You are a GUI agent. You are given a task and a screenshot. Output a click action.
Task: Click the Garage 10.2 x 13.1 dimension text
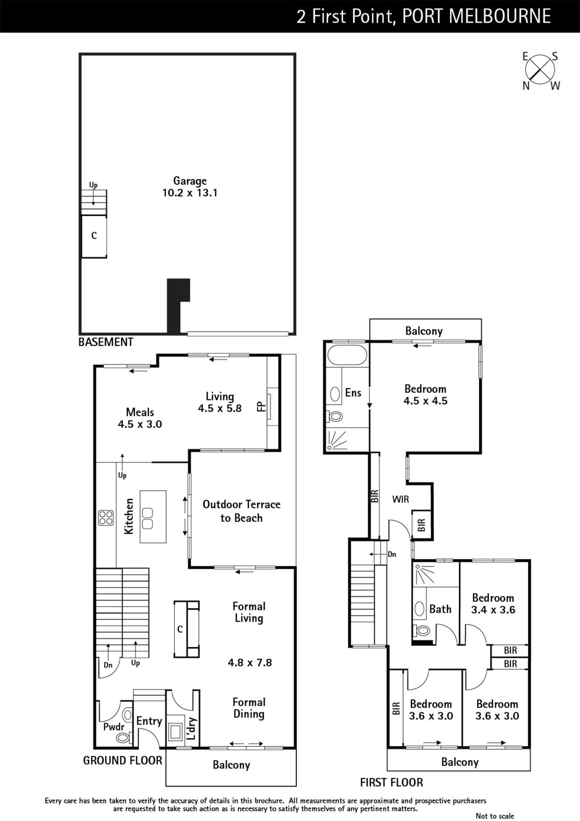[190, 193]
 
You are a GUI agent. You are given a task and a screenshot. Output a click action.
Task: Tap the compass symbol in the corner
[540, 70]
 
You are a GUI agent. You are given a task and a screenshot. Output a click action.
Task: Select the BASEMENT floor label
[106, 342]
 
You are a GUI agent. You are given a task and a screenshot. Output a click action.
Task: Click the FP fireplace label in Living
[261, 406]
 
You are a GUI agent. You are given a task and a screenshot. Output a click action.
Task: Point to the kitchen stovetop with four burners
[106, 518]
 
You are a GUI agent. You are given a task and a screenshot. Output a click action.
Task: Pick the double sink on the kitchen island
[148, 518]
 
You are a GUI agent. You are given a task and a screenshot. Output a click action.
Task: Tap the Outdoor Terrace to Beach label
[242, 511]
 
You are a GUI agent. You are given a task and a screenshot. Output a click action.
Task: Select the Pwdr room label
[113, 727]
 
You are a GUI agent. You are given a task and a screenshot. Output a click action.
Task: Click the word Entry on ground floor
[149, 721]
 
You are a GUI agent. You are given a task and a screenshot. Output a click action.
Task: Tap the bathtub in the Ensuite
[347, 355]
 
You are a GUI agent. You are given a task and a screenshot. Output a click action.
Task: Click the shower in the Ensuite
[337, 439]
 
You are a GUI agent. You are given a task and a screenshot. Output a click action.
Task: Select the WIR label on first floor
[401, 499]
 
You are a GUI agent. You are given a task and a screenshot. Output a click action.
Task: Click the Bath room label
[441, 609]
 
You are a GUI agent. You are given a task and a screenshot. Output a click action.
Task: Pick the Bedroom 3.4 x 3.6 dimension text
[493, 610]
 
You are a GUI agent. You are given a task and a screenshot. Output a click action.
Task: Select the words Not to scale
[495, 816]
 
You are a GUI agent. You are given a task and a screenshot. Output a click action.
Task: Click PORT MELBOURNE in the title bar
[476, 16]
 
